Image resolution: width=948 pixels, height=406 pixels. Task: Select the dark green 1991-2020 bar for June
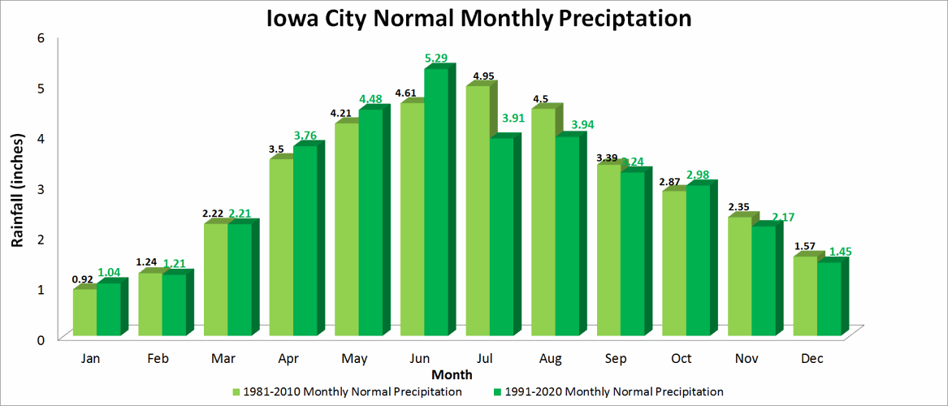point(435,203)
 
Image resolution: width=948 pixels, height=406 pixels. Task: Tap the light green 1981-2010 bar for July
point(477,211)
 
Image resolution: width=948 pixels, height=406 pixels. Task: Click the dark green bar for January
point(108,309)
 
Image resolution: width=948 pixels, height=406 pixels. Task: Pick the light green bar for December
point(804,296)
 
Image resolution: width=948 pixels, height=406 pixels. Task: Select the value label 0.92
point(83,279)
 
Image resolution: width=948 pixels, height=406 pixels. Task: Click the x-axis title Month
point(452,375)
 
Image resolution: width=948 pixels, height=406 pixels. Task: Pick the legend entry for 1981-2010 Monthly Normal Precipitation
point(348,392)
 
